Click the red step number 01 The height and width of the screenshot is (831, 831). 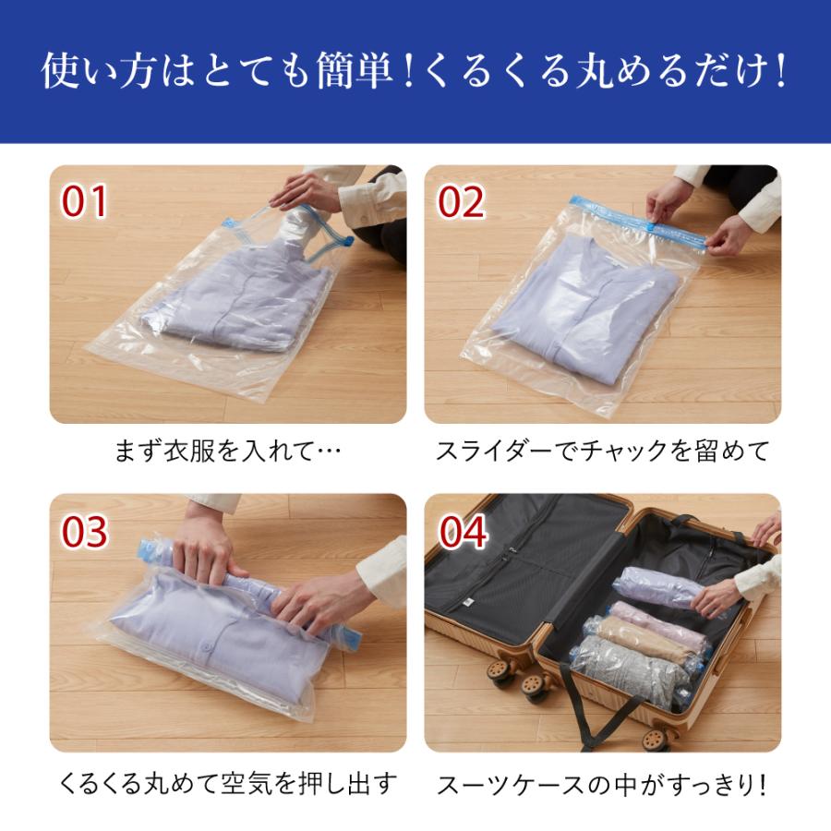pyautogui.click(x=84, y=202)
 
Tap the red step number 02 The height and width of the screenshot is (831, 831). pyautogui.click(x=461, y=202)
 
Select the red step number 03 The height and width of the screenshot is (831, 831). pyautogui.click(x=85, y=532)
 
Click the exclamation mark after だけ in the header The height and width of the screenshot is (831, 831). pyautogui.click(x=778, y=73)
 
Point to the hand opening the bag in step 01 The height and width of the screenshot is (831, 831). pyautogui.click(x=305, y=191)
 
